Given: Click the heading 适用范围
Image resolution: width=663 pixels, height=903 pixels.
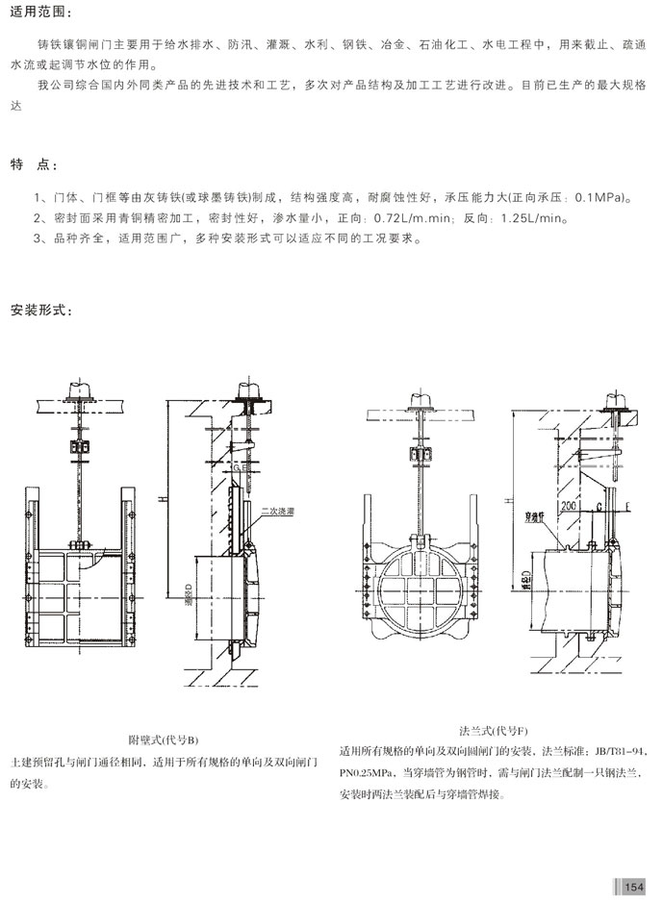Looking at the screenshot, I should (39, 12).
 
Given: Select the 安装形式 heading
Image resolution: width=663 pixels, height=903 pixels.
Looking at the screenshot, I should (39, 310).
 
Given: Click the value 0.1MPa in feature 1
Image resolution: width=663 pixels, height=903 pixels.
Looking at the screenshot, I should (600, 199).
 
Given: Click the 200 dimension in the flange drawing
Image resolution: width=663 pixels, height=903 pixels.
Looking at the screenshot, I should (572, 504).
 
